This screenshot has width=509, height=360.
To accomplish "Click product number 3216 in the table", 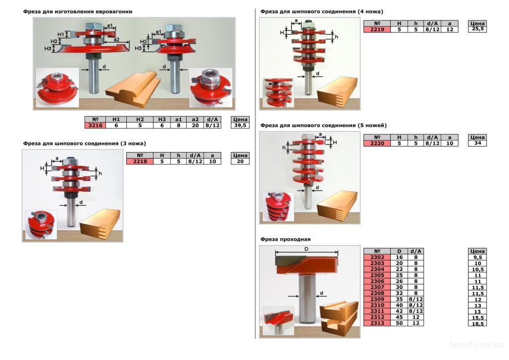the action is click(95, 125).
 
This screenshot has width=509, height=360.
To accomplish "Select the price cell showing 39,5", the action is click(240, 125).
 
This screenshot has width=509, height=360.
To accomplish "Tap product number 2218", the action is click(140, 161).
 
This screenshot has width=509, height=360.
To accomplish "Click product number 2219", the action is click(377, 29).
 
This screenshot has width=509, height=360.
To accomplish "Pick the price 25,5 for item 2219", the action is click(478, 29).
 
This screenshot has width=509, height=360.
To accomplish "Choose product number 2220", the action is click(377, 143).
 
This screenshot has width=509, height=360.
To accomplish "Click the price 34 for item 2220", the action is click(478, 143).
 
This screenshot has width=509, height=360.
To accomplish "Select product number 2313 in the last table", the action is click(377, 323).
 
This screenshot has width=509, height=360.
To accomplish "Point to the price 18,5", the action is click(478, 324).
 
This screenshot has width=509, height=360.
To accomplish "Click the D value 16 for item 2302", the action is click(399, 257).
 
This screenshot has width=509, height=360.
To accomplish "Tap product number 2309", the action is click(377, 299).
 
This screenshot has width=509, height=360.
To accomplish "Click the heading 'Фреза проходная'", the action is click(285, 239).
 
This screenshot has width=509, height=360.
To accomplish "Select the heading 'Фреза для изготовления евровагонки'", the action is click(78, 12).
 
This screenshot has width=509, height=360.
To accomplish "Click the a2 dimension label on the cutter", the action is click(116, 40).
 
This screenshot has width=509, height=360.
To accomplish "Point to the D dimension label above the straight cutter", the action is click(306, 249).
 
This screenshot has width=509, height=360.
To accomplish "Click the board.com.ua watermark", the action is click(477, 345).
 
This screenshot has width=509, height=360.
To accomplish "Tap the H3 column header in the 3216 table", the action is click(162, 119).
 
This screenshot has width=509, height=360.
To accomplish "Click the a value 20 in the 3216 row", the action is click(195, 125).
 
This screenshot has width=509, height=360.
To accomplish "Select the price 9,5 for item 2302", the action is click(478, 257).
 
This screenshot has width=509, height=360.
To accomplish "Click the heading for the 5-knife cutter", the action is click(323, 125).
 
